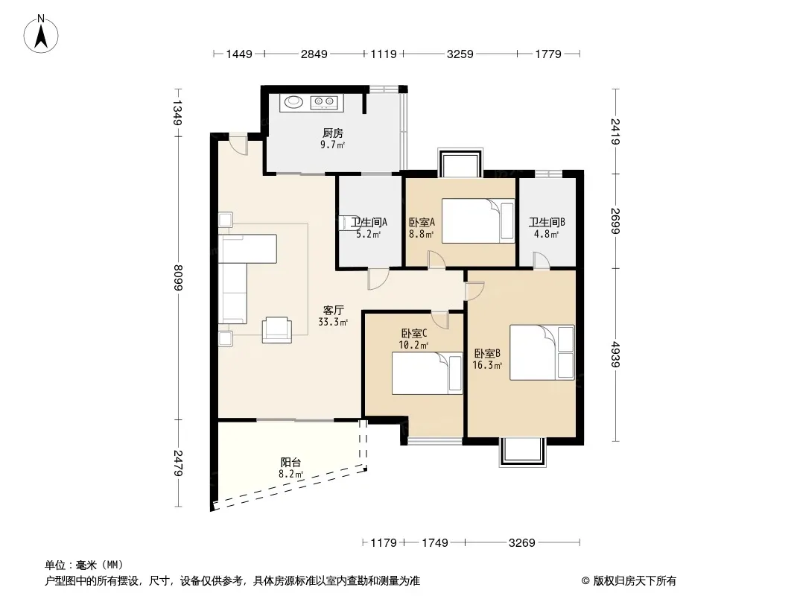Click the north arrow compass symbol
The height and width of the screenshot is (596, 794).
click(x=41, y=34)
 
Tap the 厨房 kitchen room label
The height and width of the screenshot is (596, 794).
click(x=333, y=133)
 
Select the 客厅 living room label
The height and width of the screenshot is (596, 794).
click(x=333, y=310)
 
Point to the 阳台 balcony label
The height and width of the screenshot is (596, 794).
click(x=290, y=463)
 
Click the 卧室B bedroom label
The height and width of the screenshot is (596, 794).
click(x=487, y=353)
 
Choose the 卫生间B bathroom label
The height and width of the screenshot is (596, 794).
click(x=547, y=222)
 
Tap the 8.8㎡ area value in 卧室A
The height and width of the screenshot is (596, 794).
click(x=422, y=235)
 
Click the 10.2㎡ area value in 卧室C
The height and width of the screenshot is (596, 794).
click(x=413, y=346)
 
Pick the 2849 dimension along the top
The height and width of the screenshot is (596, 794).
click(x=314, y=54)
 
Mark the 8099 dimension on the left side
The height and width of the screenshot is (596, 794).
click(x=178, y=277)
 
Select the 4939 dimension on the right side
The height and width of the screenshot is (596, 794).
click(x=615, y=355)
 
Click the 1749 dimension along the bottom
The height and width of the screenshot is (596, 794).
click(x=434, y=543)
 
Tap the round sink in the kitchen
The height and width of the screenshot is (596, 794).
click(x=293, y=102)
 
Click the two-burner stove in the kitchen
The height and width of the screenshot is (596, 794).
click(x=324, y=102)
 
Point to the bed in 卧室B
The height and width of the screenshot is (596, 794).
click(x=541, y=352)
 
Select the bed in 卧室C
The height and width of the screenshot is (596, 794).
click(x=428, y=373)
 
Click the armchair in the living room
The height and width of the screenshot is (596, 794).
click(x=277, y=330)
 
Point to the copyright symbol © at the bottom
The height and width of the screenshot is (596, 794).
click(x=585, y=581)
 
